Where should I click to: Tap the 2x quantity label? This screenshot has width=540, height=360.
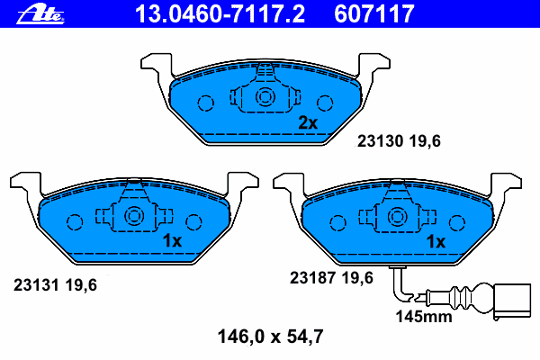(x=308, y=123)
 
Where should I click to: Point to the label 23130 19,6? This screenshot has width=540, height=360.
(x=397, y=141)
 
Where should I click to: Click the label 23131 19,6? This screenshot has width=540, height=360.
(x=55, y=285)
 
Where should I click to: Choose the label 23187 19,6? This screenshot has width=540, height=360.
(x=331, y=278)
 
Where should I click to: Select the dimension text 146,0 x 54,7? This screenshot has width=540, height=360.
(x=270, y=337)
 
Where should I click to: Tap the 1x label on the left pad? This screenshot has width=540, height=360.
(x=172, y=241)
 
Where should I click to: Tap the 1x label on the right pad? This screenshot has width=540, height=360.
(x=436, y=241)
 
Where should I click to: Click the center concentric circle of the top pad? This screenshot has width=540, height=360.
(x=265, y=98)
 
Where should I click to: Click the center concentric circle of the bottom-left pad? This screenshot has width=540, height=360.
(x=133, y=216)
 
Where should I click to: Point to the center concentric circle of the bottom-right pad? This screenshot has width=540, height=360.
(x=396, y=216)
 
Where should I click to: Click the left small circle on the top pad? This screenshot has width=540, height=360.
(x=204, y=103)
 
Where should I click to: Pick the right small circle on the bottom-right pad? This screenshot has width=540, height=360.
(x=457, y=220)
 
